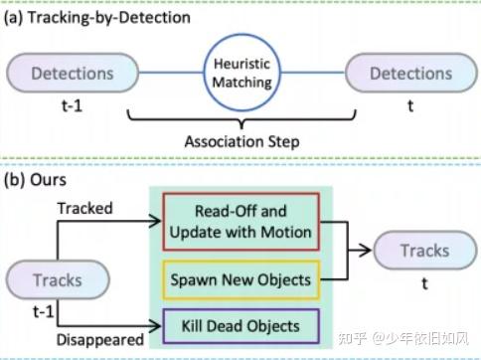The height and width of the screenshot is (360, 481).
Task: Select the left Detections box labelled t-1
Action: pyautogui.click(x=72, y=74)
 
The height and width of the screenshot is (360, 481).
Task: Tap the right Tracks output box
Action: pyautogui.click(x=423, y=251)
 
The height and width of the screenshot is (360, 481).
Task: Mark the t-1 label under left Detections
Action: pyautogui.click(x=73, y=107)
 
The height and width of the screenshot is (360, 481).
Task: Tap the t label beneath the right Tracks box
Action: pyautogui.click(x=424, y=282)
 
